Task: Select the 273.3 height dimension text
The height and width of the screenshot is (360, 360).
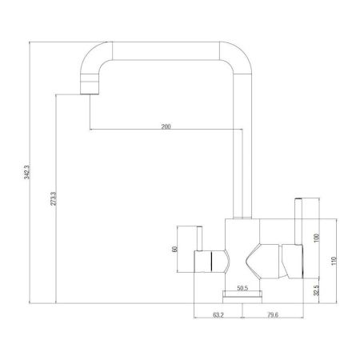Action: point(52,200)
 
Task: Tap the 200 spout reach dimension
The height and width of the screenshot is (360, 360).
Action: point(166,126)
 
